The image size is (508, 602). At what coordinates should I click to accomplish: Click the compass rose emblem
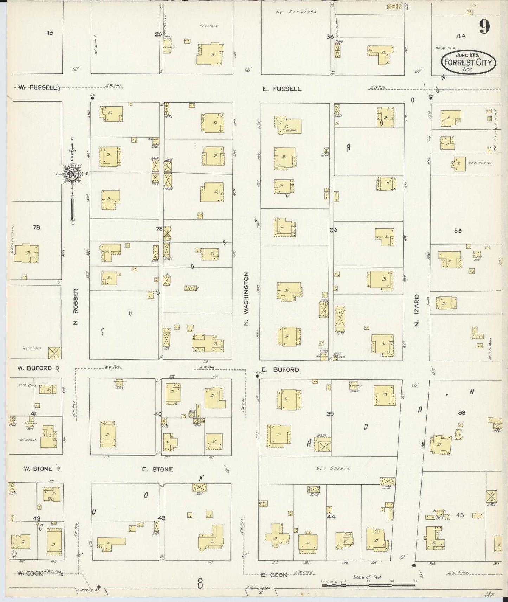[x=72, y=174]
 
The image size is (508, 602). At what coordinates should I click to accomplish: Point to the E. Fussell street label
[x=282, y=89]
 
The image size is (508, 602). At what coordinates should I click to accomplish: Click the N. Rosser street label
[x=76, y=307]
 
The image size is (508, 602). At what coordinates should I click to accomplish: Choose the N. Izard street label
[x=417, y=310]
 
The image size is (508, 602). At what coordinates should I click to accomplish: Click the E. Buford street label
[x=281, y=369]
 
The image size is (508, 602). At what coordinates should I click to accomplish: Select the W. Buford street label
[x=34, y=368]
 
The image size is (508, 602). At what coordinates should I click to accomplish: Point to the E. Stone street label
[x=157, y=469]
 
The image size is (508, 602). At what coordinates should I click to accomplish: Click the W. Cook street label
[x=30, y=573]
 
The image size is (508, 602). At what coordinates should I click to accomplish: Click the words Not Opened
[x=328, y=469]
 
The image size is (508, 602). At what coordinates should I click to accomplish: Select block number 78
[x=36, y=227]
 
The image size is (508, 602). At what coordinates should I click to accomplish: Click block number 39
[x=330, y=414]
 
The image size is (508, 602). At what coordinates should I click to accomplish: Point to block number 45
[x=460, y=515]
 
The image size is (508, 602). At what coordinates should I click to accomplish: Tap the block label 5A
[x=457, y=231]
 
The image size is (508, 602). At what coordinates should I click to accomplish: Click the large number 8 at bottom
[x=200, y=584]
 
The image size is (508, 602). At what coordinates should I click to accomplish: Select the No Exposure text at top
[x=296, y=12]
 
